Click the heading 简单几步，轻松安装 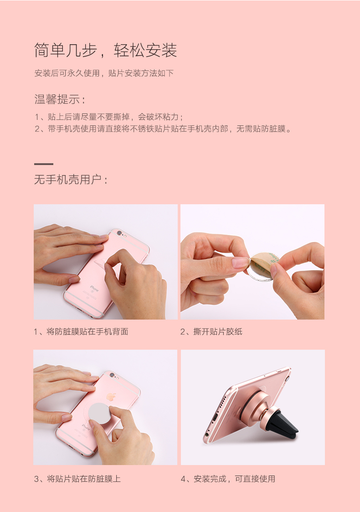point(105,50)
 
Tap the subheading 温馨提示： point(60,99)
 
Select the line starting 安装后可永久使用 point(104,73)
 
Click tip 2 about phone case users point(163,129)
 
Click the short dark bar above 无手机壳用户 point(44,164)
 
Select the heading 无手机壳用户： point(71,180)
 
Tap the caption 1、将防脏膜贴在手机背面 point(81,331)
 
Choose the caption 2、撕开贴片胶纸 point(211,331)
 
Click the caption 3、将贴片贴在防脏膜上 point(77,479)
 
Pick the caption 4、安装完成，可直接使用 point(227,479)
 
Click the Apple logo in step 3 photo point(111,396)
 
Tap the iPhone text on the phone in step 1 point(94,289)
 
